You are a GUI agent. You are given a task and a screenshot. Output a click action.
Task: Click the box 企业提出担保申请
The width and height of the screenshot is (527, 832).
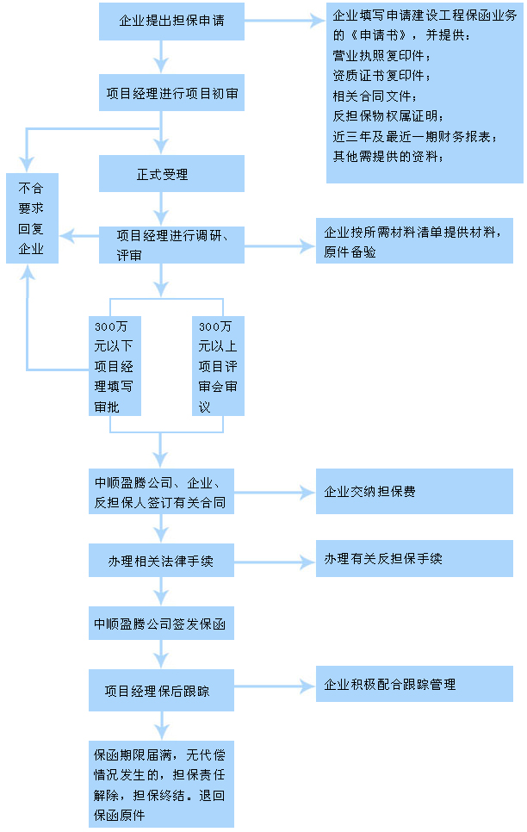click(x=171, y=22)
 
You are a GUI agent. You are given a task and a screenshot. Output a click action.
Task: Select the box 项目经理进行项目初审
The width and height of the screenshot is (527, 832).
click(x=171, y=93)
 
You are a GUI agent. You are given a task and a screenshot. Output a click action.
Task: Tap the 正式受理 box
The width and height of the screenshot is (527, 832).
click(x=171, y=173)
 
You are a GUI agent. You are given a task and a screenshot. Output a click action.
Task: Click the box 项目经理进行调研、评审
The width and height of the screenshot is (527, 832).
click(x=171, y=245)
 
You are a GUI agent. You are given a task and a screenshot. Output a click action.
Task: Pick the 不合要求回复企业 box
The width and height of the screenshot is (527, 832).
click(x=32, y=218)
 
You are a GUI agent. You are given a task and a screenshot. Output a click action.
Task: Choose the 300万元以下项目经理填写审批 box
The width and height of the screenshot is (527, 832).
click(x=115, y=366)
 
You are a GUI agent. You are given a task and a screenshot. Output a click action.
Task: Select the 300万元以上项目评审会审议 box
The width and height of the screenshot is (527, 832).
click(x=218, y=366)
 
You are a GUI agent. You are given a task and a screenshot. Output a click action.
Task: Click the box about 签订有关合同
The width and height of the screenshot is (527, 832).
click(x=161, y=491)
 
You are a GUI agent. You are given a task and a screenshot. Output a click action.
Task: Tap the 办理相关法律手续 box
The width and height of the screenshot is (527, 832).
click(x=161, y=561)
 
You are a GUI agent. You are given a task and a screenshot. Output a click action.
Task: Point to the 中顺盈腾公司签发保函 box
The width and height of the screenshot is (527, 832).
click(x=161, y=624)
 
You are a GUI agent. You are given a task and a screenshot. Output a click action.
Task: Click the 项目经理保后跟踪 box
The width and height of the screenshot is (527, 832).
click(x=161, y=691)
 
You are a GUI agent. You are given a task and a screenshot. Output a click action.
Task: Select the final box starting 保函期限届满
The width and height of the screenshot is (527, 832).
click(x=161, y=785)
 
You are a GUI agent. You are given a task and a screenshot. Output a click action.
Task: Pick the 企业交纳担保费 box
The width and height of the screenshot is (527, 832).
click(x=414, y=491)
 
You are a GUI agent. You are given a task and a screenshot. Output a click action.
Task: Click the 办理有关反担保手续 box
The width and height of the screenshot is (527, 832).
click(x=414, y=558)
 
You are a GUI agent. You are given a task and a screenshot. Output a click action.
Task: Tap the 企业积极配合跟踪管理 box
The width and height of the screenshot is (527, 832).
click(x=414, y=684)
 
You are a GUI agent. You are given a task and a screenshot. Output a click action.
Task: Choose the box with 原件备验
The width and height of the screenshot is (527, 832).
click(x=414, y=241)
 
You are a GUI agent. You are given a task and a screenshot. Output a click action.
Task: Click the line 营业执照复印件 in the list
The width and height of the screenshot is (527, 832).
click(x=381, y=55)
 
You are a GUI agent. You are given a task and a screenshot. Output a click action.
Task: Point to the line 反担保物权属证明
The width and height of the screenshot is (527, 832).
click(x=388, y=115)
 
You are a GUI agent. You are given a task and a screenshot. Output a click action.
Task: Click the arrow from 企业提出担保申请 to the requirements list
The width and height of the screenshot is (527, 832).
click(x=284, y=22)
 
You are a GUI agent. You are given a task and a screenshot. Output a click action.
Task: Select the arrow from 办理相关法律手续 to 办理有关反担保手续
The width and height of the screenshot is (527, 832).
click(x=275, y=562)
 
